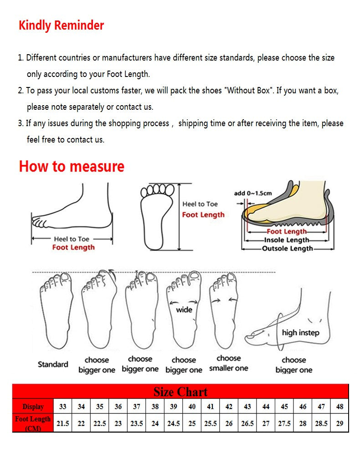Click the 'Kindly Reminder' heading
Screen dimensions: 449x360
click(61, 26)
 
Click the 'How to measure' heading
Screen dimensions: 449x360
click(72, 166)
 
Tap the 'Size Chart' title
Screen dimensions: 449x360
click(180, 392)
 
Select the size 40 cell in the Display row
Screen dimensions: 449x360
click(192, 407)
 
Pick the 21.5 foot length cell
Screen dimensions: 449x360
click(62, 423)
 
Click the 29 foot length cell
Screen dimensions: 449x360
click(339, 423)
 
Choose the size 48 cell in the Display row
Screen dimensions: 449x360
click(339, 407)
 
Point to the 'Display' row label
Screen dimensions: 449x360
click(33, 407)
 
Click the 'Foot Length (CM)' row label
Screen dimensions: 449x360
click(33, 423)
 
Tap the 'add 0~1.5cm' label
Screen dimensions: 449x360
click(253, 193)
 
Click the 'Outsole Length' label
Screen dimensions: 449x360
click(287, 249)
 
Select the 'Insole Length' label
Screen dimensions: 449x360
click(287, 240)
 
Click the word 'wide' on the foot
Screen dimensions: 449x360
click(184, 310)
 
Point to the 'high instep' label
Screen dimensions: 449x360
click(300, 332)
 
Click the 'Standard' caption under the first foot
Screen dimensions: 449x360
click(53, 364)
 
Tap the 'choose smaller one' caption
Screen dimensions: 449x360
click(228, 363)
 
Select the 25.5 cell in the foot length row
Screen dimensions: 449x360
click(210, 423)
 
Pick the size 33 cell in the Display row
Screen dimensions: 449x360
click(62, 407)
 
